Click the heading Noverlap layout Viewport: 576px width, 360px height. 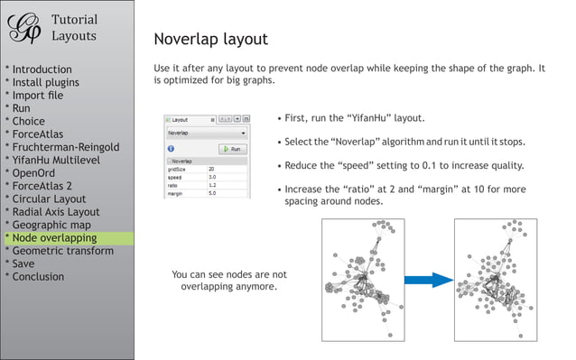point(210,39)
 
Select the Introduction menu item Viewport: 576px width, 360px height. point(42,69)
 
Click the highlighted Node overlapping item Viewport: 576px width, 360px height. point(54,238)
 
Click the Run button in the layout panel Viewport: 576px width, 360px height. point(232,149)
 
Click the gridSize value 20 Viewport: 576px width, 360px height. point(211,169)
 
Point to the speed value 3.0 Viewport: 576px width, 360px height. point(211,177)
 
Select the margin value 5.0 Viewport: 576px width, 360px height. point(212,193)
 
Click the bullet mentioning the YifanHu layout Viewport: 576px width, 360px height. point(355,118)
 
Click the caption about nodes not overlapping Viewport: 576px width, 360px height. point(228,280)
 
